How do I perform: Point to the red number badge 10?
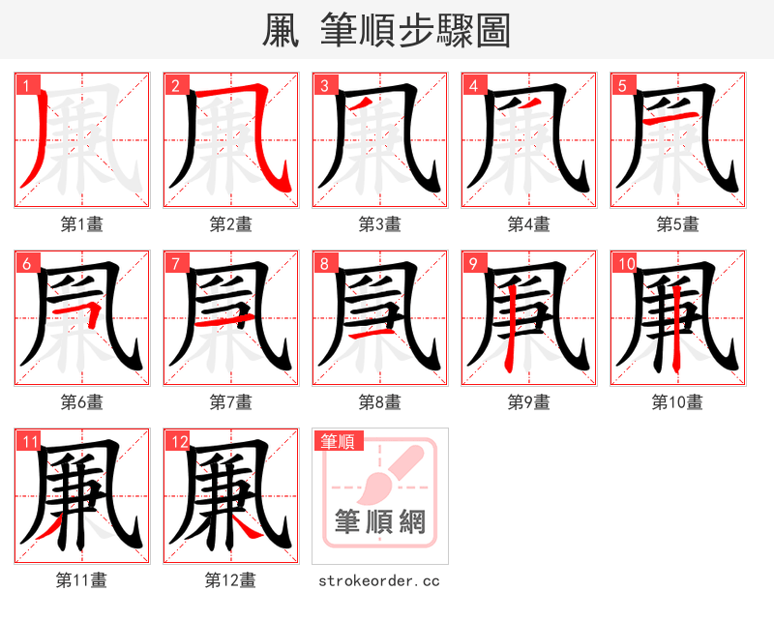pyautogui.click(x=625, y=263)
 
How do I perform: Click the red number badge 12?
pyautogui.click(x=178, y=442)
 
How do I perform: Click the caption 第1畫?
pyautogui.click(x=81, y=224)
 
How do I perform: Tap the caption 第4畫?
pyautogui.click(x=528, y=224)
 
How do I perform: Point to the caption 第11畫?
pyautogui.click(x=81, y=580)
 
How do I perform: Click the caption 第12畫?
pyautogui.click(x=230, y=580)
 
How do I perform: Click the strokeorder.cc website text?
pyautogui.click(x=379, y=580)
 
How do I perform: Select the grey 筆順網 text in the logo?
pyautogui.click(x=379, y=522)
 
